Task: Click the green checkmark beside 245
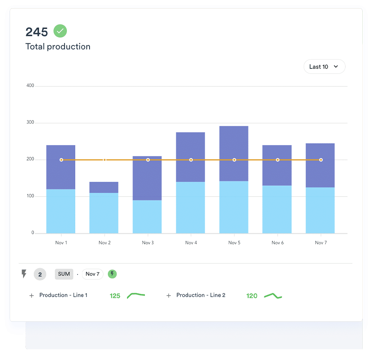click(x=60, y=31)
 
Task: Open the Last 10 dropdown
click(x=324, y=67)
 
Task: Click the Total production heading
click(x=58, y=47)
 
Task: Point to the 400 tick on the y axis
click(x=30, y=86)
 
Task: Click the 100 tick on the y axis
click(x=30, y=196)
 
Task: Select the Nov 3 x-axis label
click(x=148, y=243)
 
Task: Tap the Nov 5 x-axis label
click(x=234, y=243)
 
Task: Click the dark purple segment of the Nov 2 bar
click(x=104, y=187)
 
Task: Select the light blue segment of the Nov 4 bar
click(x=191, y=207)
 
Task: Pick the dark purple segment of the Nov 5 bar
click(x=234, y=143)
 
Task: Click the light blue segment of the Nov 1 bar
click(x=61, y=211)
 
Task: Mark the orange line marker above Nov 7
click(x=321, y=160)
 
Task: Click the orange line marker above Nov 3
click(x=148, y=160)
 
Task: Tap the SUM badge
click(x=64, y=274)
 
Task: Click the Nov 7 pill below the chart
click(x=92, y=274)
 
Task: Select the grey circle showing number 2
click(x=40, y=274)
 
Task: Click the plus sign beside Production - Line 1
click(x=31, y=296)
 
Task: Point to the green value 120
click(x=252, y=296)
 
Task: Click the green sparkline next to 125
click(x=136, y=295)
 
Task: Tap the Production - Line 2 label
click(x=201, y=295)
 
